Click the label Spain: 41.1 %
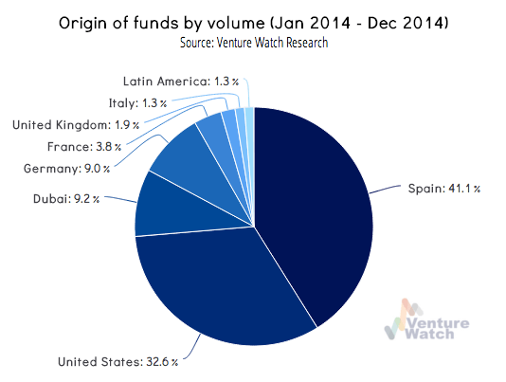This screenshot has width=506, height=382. click(x=444, y=188)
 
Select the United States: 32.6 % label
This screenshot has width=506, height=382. click(x=117, y=360)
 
